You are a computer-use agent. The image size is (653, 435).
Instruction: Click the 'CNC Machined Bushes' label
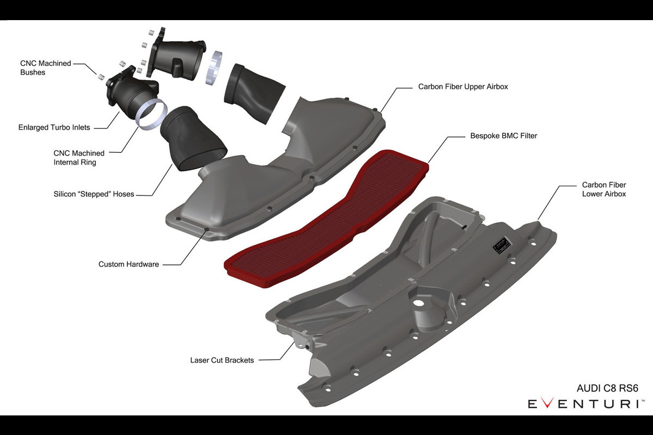(x=46, y=68)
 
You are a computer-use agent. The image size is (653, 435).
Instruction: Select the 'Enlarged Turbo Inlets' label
(x=54, y=127)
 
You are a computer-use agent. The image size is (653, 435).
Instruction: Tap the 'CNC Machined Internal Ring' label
(x=79, y=158)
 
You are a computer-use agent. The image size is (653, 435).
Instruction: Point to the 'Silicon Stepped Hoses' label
(x=94, y=194)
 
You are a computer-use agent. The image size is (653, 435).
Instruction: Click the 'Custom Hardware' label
(x=128, y=264)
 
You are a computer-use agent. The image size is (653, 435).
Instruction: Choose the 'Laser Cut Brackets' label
(x=222, y=360)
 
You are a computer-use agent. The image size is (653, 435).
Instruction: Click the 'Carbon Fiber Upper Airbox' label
(x=463, y=86)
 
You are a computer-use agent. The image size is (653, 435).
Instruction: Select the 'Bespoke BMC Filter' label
(x=503, y=136)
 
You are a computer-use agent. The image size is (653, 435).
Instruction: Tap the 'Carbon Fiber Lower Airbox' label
(x=603, y=189)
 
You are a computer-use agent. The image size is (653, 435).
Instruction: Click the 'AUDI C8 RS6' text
(x=607, y=388)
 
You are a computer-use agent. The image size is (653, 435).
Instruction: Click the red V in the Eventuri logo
(x=547, y=403)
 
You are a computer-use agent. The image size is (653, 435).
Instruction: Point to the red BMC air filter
(x=326, y=219)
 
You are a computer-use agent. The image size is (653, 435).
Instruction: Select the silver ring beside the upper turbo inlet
(x=214, y=68)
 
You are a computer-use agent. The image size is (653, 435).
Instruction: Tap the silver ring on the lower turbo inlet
(x=152, y=114)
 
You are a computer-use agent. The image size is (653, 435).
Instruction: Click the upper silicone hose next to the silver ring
(x=254, y=93)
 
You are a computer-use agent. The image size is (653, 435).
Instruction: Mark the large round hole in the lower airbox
(x=418, y=303)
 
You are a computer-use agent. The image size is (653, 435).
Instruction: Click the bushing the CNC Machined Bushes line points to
(x=101, y=77)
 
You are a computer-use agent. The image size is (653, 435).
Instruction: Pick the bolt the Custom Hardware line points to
(x=206, y=229)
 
